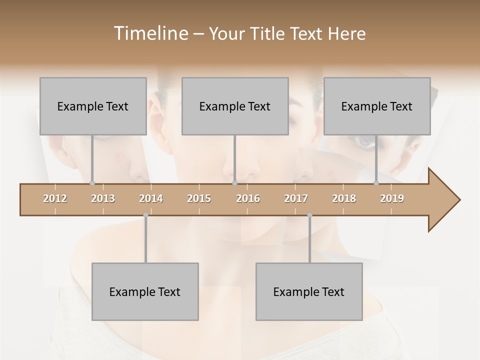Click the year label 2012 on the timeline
click(55, 198)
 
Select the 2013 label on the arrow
click(103, 198)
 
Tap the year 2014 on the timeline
click(151, 198)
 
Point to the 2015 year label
click(199, 198)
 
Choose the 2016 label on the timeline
click(248, 198)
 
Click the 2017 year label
click(296, 198)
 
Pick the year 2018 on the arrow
click(344, 198)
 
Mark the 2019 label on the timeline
click(392, 198)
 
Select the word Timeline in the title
click(149, 33)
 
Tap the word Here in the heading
click(346, 33)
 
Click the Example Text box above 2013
click(93, 106)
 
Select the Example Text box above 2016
click(235, 106)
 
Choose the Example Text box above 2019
click(377, 106)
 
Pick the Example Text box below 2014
click(145, 291)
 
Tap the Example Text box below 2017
click(309, 291)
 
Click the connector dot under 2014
click(145, 215)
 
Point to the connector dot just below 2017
click(309, 215)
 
